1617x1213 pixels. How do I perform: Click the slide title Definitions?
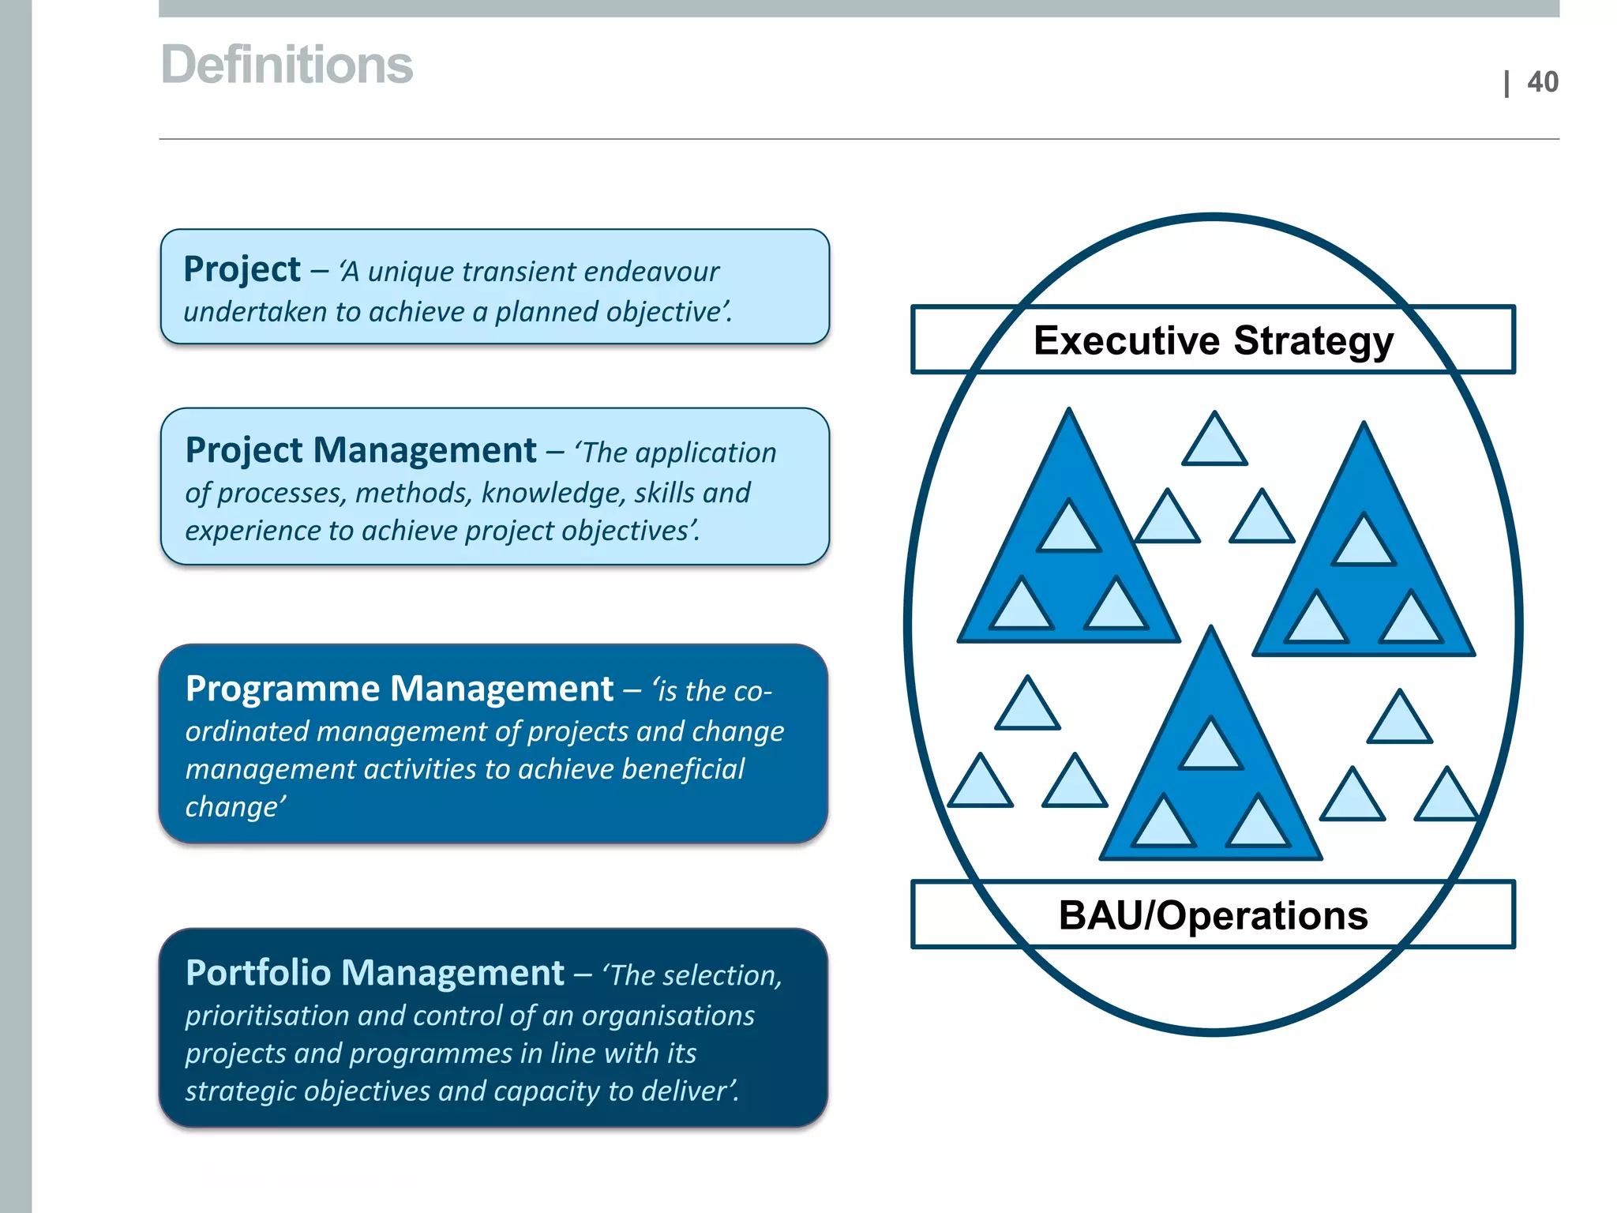tap(287, 65)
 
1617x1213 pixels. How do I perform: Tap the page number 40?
tap(1542, 82)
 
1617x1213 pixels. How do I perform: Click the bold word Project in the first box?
tap(242, 270)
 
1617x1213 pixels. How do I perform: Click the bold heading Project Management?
tap(361, 451)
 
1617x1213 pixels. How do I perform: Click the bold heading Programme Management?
tap(399, 689)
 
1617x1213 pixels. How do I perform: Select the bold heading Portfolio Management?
tap(374, 974)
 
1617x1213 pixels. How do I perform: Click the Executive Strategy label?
tap(1213, 340)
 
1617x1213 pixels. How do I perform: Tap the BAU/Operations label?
tap(1213, 915)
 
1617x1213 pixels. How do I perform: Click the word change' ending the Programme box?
tap(234, 807)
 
